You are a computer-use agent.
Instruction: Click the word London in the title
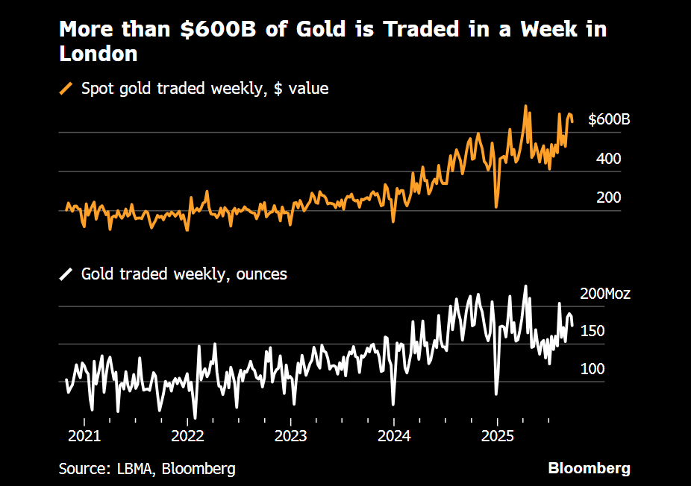coord(98,54)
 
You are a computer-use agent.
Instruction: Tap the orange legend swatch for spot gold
coord(66,89)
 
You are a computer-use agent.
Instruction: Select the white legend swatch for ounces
coord(66,274)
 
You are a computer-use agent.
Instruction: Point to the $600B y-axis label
coord(609,120)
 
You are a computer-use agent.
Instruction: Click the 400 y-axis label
coord(609,159)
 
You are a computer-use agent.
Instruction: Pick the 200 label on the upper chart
coord(609,198)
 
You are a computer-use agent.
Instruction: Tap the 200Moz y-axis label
coord(605,294)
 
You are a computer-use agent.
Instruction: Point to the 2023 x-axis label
coord(290,435)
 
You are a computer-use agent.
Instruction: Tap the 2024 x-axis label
coord(394,435)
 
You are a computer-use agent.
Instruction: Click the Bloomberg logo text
coord(589,469)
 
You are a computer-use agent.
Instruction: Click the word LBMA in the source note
coord(135,469)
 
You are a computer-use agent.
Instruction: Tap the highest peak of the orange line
coord(526,106)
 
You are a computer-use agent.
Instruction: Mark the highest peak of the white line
coord(525,285)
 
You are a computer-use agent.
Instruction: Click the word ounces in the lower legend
coord(262,274)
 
